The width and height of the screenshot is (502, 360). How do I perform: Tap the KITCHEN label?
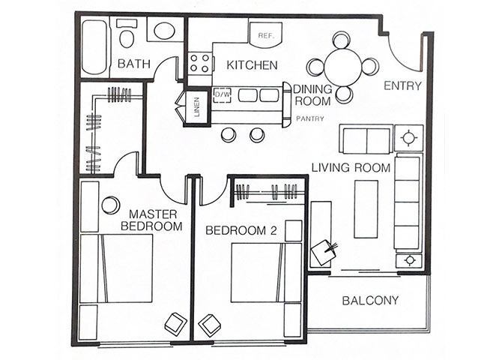click(252, 66)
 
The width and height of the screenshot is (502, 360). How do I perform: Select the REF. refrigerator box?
click(265, 34)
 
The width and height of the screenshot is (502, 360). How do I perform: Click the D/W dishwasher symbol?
click(222, 95)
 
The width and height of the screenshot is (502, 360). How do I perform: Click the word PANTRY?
click(309, 118)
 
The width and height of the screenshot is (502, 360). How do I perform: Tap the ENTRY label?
click(402, 85)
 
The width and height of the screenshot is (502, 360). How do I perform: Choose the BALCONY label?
click(370, 301)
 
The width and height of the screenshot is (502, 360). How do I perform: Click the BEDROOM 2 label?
click(241, 230)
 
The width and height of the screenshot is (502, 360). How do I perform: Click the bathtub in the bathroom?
click(94, 46)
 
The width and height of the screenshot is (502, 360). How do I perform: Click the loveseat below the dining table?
click(365, 140)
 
